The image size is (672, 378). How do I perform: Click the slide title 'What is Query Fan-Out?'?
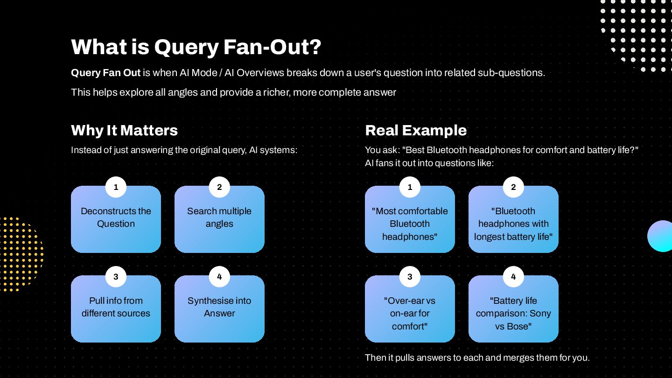pyautogui.click(x=196, y=47)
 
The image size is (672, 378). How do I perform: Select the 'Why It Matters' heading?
pyautogui.click(x=124, y=130)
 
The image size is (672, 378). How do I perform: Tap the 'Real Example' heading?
pyautogui.click(x=416, y=130)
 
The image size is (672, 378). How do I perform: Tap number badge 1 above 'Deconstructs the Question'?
pyautogui.click(x=116, y=188)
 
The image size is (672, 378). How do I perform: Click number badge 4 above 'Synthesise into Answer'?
pyautogui.click(x=219, y=277)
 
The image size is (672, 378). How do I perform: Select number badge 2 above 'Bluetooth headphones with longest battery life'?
pyautogui.click(x=513, y=188)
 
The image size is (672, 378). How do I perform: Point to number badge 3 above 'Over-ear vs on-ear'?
pyautogui.click(x=410, y=277)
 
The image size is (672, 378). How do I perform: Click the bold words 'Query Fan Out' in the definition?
pyautogui.click(x=105, y=73)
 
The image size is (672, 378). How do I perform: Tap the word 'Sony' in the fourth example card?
pyautogui.click(x=540, y=314)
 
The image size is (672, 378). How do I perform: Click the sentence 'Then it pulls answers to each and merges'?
pyautogui.click(x=477, y=358)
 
